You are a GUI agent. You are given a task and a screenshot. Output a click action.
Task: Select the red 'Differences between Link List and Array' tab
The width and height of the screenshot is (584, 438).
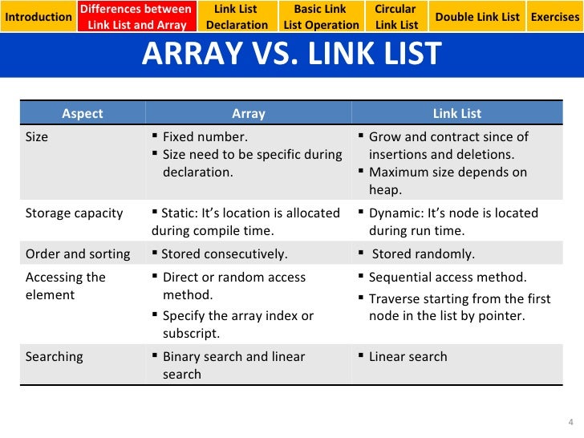coord(136,17)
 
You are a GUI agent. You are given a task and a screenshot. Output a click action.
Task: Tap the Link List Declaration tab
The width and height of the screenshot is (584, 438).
coord(237,17)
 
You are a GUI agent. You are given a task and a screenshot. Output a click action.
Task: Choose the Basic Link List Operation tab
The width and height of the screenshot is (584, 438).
coord(321,17)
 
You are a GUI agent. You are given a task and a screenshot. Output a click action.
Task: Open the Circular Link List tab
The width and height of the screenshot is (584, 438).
coord(396,17)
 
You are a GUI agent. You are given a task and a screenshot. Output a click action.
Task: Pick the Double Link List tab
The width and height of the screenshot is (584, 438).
coord(477,17)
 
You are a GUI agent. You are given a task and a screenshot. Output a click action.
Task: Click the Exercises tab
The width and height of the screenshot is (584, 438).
coord(554,17)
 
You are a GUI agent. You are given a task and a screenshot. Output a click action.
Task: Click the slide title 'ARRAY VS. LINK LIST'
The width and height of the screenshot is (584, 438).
coord(292,55)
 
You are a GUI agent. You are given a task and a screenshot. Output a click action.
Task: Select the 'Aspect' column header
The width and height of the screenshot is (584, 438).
coord(83,113)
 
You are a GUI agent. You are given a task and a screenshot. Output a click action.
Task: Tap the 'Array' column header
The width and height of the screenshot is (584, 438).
coord(248,113)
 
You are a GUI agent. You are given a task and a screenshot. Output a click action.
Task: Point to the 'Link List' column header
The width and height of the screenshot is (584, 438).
coord(457,113)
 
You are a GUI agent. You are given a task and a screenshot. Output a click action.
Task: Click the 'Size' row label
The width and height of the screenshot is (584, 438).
coord(37,136)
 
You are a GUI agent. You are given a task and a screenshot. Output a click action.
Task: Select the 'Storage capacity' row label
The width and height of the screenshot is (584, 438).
coord(75,213)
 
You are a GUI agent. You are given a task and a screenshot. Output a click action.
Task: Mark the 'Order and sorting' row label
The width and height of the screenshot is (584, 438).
coord(78,254)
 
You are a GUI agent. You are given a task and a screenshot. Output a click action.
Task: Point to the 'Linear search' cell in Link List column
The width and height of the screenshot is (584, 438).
coord(408,357)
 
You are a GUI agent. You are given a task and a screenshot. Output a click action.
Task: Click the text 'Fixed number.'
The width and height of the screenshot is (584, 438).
coord(205,136)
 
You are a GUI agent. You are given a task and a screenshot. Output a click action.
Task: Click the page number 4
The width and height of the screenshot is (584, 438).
coord(570,423)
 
